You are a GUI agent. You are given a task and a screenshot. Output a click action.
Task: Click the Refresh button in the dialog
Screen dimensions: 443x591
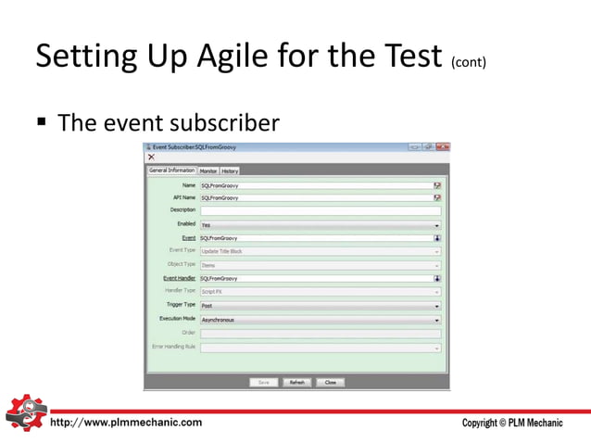[x=296, y=382]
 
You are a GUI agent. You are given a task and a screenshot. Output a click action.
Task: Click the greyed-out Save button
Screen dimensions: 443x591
[x=264, y=382]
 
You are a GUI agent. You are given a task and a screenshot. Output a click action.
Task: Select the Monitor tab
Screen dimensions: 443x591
[x=208, y=171]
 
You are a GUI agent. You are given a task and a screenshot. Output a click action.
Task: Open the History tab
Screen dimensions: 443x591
[x=230, y=171]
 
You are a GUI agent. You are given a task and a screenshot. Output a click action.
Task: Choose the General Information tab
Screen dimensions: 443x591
[x=171, y=171]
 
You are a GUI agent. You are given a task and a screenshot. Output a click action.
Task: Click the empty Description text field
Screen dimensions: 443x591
[x=320, y=210]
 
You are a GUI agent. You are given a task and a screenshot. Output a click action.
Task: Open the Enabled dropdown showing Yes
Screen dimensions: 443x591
[x=320, y=224]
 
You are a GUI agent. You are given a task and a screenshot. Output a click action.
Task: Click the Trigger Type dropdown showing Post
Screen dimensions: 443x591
[x=320, y=305]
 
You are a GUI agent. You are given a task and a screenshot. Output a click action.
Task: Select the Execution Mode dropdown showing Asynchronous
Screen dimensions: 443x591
[x=320, y=320]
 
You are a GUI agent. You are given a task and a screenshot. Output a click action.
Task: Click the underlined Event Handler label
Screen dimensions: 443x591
[x=180, y=278]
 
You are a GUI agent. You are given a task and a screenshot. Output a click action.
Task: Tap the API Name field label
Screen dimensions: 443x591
[x=183, y=197]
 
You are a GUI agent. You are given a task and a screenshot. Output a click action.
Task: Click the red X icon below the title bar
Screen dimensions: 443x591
[x=151, y=158]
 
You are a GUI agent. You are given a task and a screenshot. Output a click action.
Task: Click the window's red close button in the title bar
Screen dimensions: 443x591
[x=443, y=146]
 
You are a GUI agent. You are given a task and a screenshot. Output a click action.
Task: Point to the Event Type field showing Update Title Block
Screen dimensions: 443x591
[x=320, y=250]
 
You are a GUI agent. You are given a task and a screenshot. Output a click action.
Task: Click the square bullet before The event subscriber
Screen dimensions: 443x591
[x=43, y=121]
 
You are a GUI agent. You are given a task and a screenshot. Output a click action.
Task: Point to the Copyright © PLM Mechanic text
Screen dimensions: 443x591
[x=511, y=424]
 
